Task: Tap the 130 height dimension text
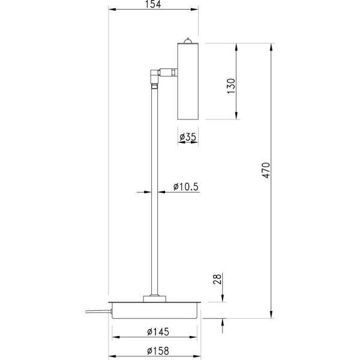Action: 232,86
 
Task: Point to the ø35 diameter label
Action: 188,137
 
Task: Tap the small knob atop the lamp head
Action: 188,41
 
